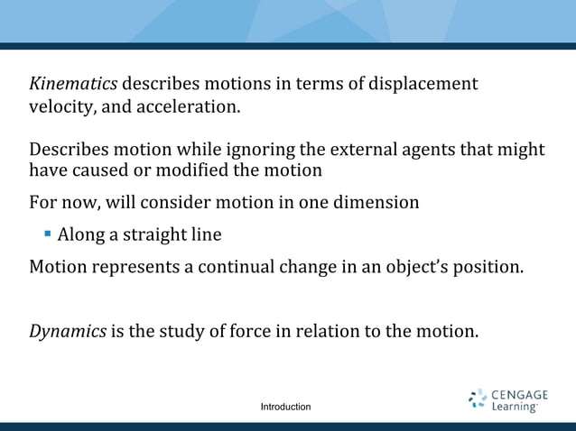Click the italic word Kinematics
[73, 85]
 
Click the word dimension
[374, 202]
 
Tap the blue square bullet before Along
[47, 234]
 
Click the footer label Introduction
[285, 408]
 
